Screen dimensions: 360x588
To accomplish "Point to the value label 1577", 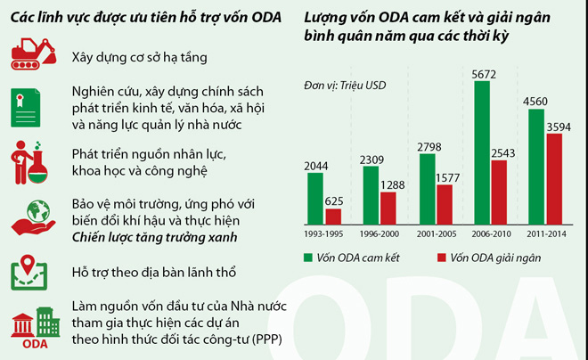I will tap(443, 176).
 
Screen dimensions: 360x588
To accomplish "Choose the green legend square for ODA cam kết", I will tap(307, 258).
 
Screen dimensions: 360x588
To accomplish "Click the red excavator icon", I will tap(34, 54).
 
